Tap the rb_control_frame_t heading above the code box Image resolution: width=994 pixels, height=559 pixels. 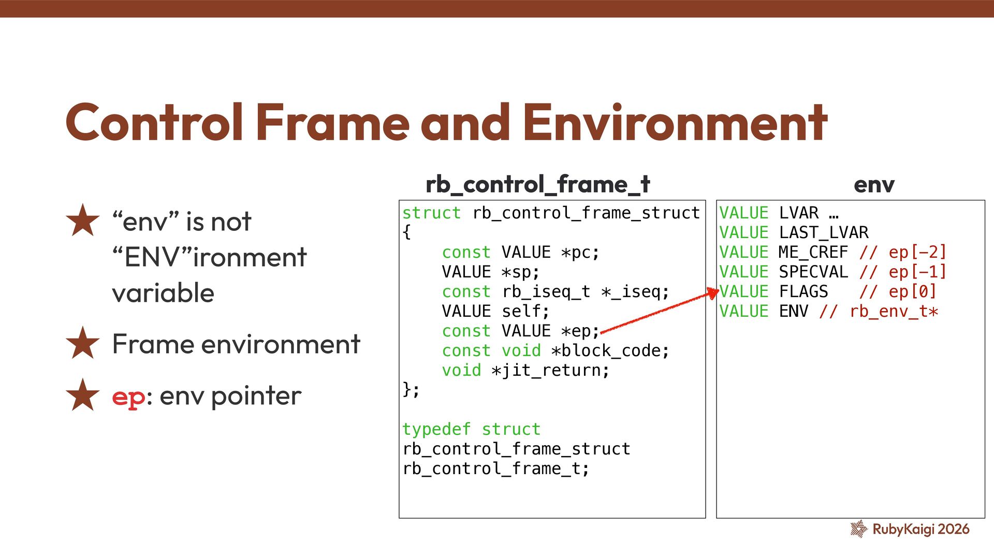tap(537, 184)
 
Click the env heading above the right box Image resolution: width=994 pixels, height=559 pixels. tap(874, 185)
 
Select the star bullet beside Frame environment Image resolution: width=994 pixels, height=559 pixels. tap(82, 343)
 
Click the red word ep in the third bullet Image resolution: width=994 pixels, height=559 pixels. tap(128, 396)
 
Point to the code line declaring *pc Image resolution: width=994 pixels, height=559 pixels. tap(520, 253)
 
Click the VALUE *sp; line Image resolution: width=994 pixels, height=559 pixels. tap(490, 272)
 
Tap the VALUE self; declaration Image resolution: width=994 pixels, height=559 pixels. tap(495, 312)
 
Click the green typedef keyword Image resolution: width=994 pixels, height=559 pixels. tap(436, 429)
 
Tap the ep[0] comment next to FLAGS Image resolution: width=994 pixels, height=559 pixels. tap(912, 292)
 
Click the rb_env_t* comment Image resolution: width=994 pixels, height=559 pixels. tap(894, 312)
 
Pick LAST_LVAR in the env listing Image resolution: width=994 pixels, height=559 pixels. tap(824, 233)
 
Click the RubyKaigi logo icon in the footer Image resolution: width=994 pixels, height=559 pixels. tap(858, 528)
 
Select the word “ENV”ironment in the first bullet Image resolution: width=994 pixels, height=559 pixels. tap(210, 257)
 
